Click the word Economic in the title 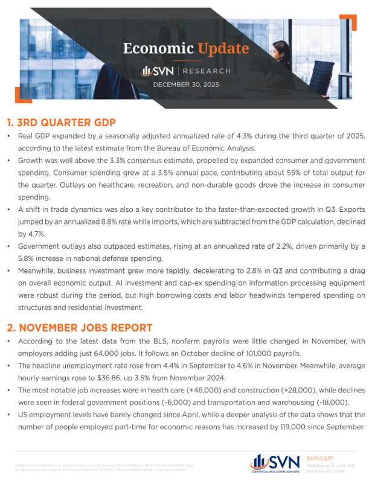tap(158, 48)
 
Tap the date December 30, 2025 tap(186, 85)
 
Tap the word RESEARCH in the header tap(206, 71)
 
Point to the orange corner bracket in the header tap(348, 22)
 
